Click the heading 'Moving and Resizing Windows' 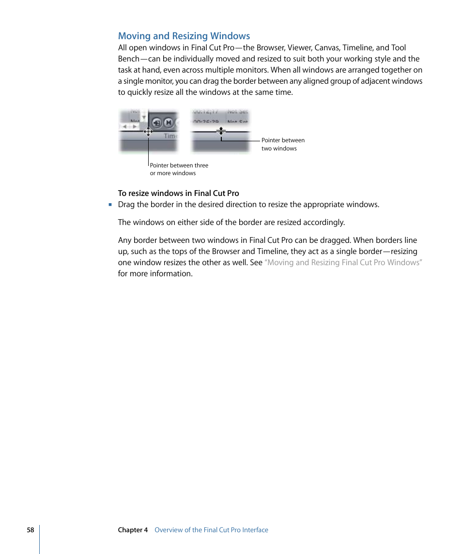tap(184, 36)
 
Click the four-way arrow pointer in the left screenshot tap(148, 131)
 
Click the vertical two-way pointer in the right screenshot tap(221, 131)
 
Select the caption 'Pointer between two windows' tap(283, 144)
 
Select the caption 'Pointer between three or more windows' tap(179, 169)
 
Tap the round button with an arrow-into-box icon tap(156, 122)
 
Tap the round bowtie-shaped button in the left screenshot tap(168, 122)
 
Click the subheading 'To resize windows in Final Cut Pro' tap(178, 193)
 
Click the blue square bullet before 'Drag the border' tap(110, 204)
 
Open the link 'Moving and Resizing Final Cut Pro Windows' tap(343, 262)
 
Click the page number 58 tap(31, 530)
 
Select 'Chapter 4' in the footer tap(133, 530)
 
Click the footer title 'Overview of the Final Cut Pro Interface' tap(211, 530)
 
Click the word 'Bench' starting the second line tap(128, 59)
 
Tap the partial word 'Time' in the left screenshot tap(170, 136)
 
